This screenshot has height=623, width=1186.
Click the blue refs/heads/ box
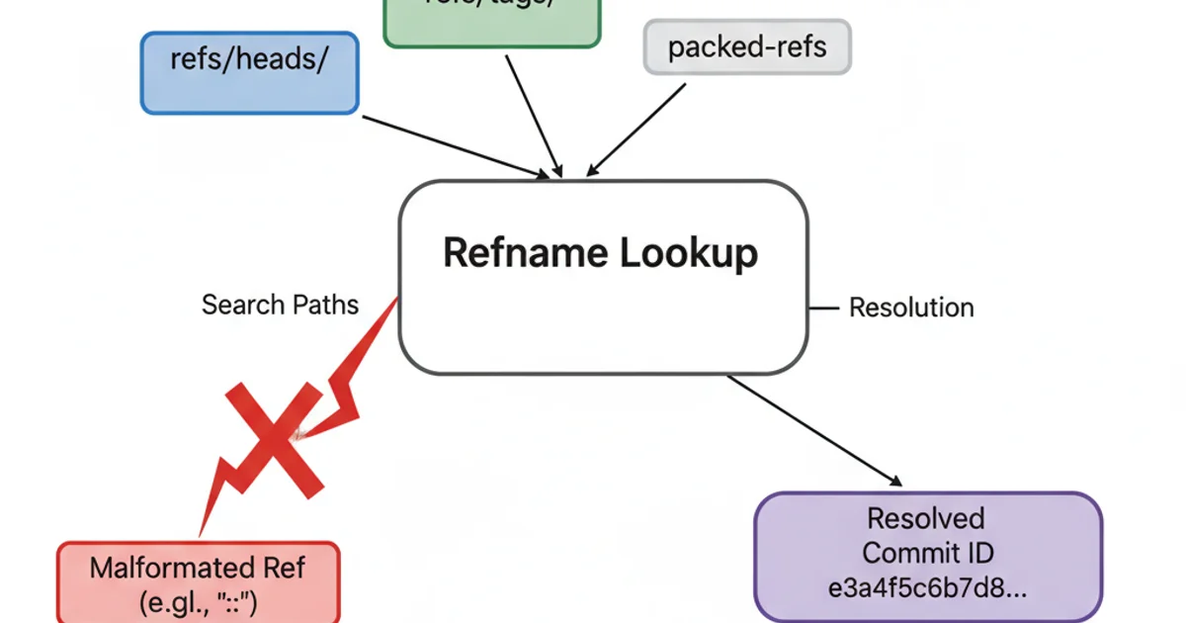click(x=249, y=72)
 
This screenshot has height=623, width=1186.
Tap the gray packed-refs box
click(x=747, y=46)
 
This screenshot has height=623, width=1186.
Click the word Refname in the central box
click(x=525, y=253)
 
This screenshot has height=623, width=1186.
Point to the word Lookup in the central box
click(x=689, y=253)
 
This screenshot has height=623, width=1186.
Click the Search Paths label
click(x=280, y=305)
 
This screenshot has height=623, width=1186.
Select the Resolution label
click(x=911, y=308)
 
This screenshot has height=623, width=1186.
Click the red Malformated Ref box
click(x=198, y=583)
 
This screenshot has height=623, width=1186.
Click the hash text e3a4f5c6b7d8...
click(x=927, y=586)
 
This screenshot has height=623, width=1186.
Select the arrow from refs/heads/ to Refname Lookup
click(x=455, y=147)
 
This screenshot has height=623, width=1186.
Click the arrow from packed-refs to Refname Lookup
click(x=637, y=130)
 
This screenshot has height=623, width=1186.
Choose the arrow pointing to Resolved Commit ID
click(x=815, y=431)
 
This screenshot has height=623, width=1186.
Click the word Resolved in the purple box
click(x=926, y=518)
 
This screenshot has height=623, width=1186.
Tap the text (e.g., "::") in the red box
click(x=198, y=601)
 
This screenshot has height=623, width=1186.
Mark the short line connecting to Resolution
click(x=822, y=308)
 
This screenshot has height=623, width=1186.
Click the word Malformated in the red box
click(x=170, y=568)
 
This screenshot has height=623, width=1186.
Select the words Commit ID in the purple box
click(x=927, y=552)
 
